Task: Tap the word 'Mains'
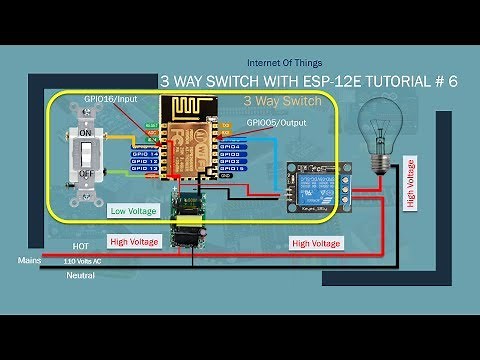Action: [x=29, y=259]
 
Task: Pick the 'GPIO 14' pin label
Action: [x=144, y=147]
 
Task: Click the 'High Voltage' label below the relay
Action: [x=314, y=243]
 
